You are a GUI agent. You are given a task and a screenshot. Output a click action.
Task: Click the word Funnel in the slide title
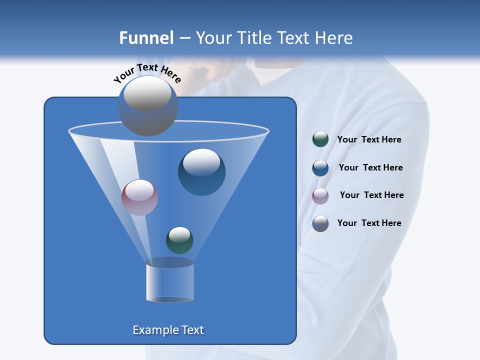(146, 38)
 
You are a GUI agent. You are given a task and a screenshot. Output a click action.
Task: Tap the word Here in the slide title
(334, 38)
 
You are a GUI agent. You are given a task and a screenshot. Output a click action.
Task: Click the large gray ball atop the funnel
(147, 105)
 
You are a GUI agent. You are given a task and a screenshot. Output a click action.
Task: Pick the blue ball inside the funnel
(201, 172)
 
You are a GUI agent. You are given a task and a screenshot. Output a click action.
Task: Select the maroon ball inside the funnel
(139, 197)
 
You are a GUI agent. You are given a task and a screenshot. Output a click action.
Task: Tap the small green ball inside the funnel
(179, 240)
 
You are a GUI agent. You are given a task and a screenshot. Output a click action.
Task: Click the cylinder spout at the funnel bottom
(169, 281)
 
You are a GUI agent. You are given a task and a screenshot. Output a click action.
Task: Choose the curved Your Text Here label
(147, 73)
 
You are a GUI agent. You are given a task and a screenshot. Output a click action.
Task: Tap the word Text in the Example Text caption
(192, 330)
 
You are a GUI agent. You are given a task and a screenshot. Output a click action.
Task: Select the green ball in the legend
(320, 139)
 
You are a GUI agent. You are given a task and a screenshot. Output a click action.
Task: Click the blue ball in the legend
(320, 168)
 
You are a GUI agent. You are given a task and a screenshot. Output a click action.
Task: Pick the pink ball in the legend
(320, 196)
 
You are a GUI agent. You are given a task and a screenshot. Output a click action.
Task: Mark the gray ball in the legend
(320, 223)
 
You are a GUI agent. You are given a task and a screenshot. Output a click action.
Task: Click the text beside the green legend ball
(369, 139)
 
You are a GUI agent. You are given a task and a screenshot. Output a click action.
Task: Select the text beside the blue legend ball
(370, 167)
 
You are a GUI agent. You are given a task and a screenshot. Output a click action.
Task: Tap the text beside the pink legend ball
(371, 195)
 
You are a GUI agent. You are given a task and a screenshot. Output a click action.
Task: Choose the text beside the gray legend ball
(369, 223)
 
